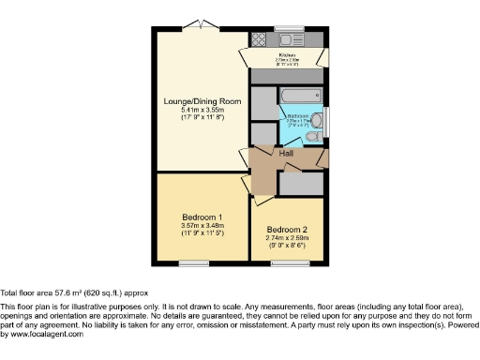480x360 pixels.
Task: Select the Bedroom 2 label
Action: click(x=286, y=230)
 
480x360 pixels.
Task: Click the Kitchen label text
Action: click(x=288, y=55)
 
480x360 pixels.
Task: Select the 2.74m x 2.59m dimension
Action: click(x=286, y=238)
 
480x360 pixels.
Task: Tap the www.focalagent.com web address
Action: click(x=41, y=334)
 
